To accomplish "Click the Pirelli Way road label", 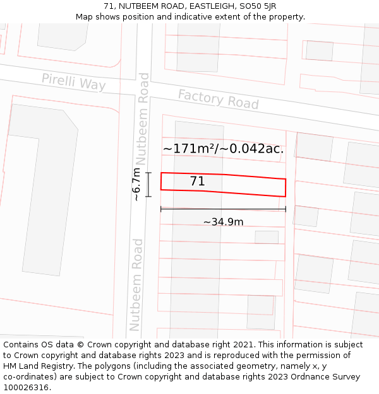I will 73,82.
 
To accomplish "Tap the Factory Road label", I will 218,99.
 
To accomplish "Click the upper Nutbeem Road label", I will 144,118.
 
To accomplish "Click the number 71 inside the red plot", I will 197,182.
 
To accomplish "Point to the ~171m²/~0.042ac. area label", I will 223,149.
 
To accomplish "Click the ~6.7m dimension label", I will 136,184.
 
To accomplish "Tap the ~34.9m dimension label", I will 223,222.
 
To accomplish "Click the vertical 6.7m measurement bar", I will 148,184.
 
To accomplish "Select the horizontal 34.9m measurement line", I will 223,209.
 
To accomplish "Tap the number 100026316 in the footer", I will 27,387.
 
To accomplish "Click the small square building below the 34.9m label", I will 267,237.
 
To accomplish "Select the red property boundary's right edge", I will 286,187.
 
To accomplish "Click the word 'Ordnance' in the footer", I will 299,376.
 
